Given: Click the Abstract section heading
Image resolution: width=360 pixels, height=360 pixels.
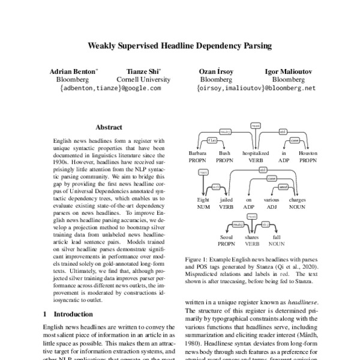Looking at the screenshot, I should tap(109, 127).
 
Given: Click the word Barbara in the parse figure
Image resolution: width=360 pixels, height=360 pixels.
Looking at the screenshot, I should tap(197, 153).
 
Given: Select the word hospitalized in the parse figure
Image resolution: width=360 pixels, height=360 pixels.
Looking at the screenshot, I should tap(256, 153).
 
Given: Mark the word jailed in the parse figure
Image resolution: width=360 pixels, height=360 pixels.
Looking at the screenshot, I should tap(226, 199).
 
